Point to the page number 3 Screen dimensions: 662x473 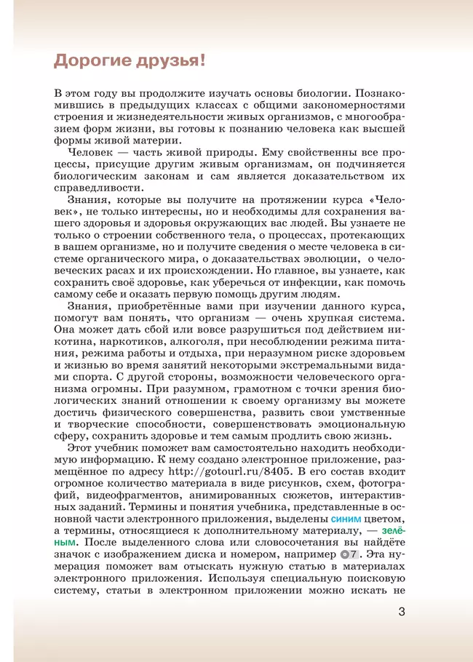click(401, 612)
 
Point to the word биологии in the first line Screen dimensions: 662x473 click(341, 94)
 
